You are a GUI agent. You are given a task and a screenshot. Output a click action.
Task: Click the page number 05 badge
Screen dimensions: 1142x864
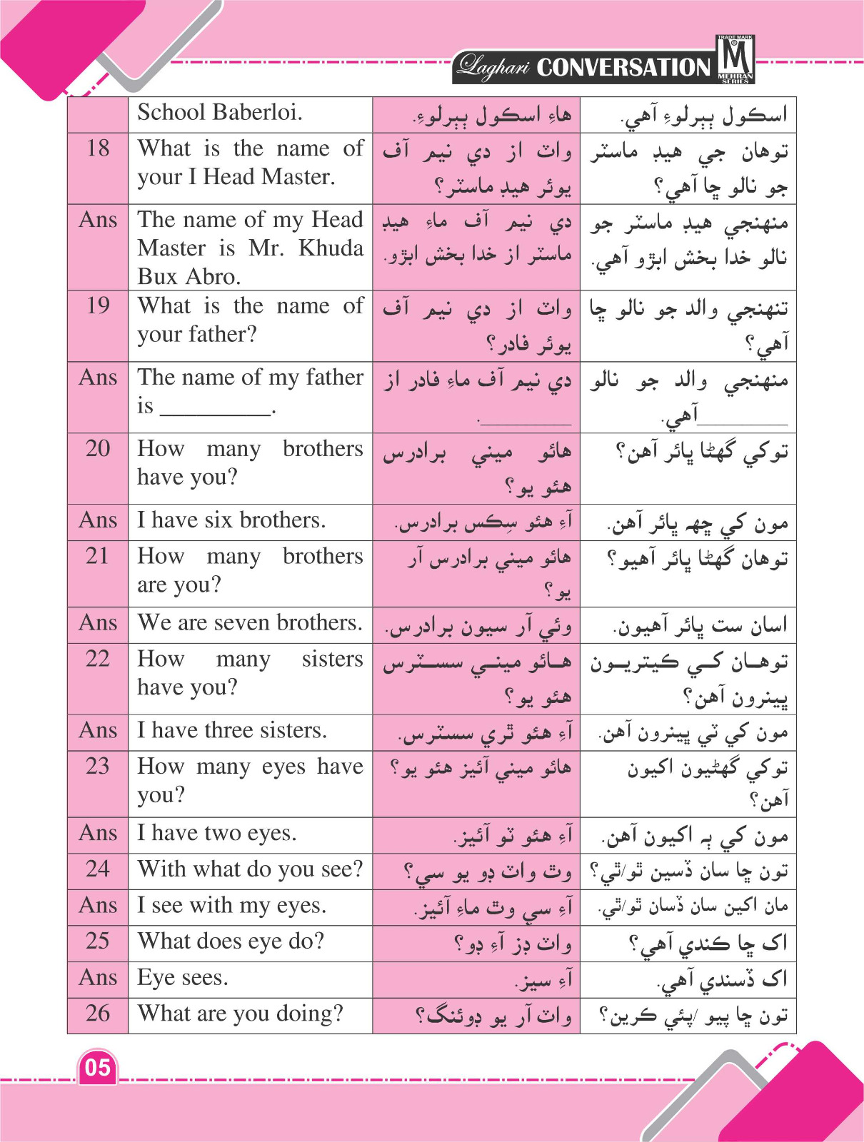pyautogui.click(x=98, y=1068)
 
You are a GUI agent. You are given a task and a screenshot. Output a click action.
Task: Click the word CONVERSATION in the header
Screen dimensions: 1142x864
pyautogui.click(x=623, y=67)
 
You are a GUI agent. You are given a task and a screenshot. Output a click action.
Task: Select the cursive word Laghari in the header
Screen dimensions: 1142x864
pyautogui.click(x=494, y=66)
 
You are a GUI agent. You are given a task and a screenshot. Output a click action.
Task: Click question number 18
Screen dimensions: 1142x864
pyautogui.click(x=98, y=148)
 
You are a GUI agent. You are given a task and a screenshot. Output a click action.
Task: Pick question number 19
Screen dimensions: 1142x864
pyautogui.click(x=98, y=305)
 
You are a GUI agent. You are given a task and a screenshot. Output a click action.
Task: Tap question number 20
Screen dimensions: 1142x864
pyautogui.click(x=98, y=448)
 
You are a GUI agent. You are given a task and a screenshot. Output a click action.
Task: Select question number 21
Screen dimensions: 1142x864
pyautogui.click(x=98, y=555)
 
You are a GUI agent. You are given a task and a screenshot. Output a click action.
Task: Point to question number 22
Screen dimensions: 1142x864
pyautogui.click(x=98, y=658)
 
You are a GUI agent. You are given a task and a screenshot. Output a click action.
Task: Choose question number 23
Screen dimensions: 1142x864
pyautogui.click(x=98, y=766)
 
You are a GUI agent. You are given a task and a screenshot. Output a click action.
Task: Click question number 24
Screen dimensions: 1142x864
pyautogui.click(x=98, y=869)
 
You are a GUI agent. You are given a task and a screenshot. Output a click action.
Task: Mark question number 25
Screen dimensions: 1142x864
pyautogui.click(x=98, y=941)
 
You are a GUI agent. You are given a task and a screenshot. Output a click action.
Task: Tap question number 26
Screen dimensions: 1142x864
pyautogui.click(x=98, y=1013)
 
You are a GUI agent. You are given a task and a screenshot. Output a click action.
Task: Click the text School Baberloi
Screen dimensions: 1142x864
pyautogui.click(x=220, y=113)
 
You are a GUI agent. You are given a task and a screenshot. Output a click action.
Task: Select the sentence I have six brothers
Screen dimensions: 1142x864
pyautogui.click(x=231, y=520)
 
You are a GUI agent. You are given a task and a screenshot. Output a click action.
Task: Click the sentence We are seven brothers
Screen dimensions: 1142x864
pyautogui.click(x=250, y=622)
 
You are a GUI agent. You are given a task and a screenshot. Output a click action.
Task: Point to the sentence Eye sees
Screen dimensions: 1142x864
pyautogui.click(x=183, y=977)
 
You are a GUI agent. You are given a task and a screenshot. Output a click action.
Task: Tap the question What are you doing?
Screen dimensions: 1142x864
pyautogui.click(x=240, y=1014)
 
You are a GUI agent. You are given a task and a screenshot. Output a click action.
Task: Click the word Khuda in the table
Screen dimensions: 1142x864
pyautogui.click(x=331, y=248)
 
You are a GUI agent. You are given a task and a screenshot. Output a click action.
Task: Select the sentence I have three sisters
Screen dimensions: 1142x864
pyautogui.click(x=232, y=730)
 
